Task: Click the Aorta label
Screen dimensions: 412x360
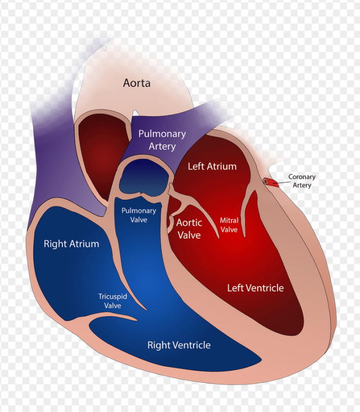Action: coord(137,84)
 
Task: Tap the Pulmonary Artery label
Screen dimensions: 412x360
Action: coord(162,140)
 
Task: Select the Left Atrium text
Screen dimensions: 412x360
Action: coord(212,166)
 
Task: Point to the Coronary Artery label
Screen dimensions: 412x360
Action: coord(302,181)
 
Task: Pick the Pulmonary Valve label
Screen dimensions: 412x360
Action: coord(139,215)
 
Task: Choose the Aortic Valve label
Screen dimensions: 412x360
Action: coord(189,229)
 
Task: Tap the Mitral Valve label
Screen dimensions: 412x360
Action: coord(229,224)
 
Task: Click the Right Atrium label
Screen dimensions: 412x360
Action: coord(71,244)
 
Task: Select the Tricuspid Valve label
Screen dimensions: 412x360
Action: coord(113,301)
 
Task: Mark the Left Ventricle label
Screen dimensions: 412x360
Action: coord(256,288)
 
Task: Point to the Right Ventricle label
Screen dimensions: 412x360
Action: coord(179,345)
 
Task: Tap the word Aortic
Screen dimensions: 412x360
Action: coord(189,223)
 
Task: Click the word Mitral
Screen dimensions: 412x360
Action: coord(229,221)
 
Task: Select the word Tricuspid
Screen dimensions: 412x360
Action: coord(113,296)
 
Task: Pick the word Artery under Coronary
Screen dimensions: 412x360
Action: coord(302,185)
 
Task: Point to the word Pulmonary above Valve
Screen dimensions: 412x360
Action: coord(139,211)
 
